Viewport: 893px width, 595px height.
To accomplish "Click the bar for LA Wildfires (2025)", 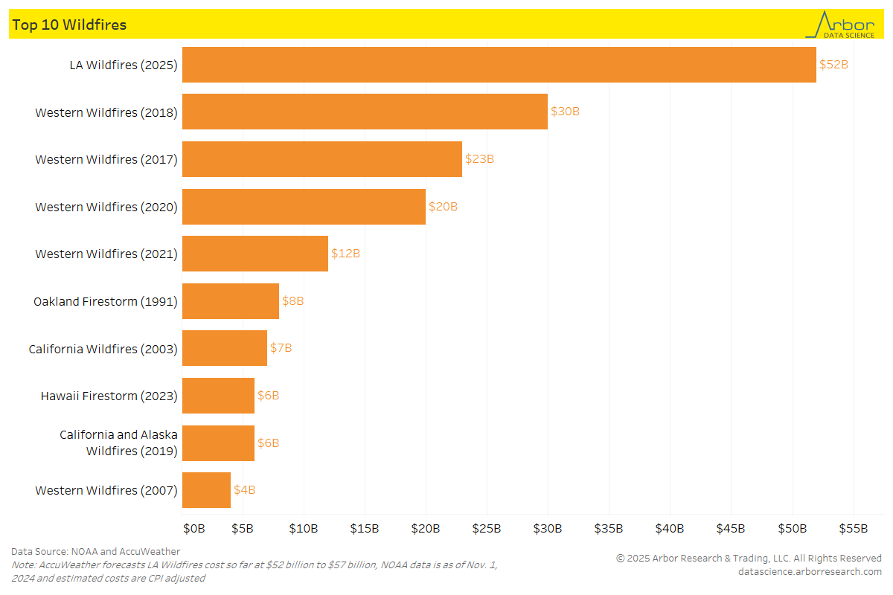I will click(x=499, y=65).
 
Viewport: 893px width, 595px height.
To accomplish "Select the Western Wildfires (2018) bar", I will click(x=365, y=112).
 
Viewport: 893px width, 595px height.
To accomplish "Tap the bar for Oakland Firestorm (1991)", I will click(x=231, y=301).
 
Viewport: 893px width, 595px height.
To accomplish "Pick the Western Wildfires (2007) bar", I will click(x=206, y=490).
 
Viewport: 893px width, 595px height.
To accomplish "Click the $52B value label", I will click(x=833, y=65).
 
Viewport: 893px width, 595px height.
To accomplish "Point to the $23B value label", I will click(x=479, y=159).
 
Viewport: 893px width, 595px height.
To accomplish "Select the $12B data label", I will click(x=345, y=254).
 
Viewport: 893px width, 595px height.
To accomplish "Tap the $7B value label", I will click(x=281, y=348).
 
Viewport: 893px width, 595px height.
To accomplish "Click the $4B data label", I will click(x=245, y=490).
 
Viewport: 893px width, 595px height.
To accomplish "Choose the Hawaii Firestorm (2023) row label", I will click(x=109, y=396).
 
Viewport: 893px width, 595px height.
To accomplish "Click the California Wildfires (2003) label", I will click(x=103, y=349).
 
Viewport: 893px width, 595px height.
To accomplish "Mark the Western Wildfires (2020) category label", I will click(x=106, y=207).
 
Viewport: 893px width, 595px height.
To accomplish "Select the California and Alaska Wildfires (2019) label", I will click(x=119, y=443).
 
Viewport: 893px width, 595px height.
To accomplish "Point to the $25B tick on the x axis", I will click(x=487, y=529).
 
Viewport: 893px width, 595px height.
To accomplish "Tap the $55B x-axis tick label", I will click(x=853, y=529).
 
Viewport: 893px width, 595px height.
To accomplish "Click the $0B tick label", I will click(x=193, y=529).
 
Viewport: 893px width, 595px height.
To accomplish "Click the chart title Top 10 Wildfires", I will click(x=69, y=25).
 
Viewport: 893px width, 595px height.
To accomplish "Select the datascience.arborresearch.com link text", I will click(x=810, y=571).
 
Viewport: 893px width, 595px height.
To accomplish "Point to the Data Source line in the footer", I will click(x=95, y=552).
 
